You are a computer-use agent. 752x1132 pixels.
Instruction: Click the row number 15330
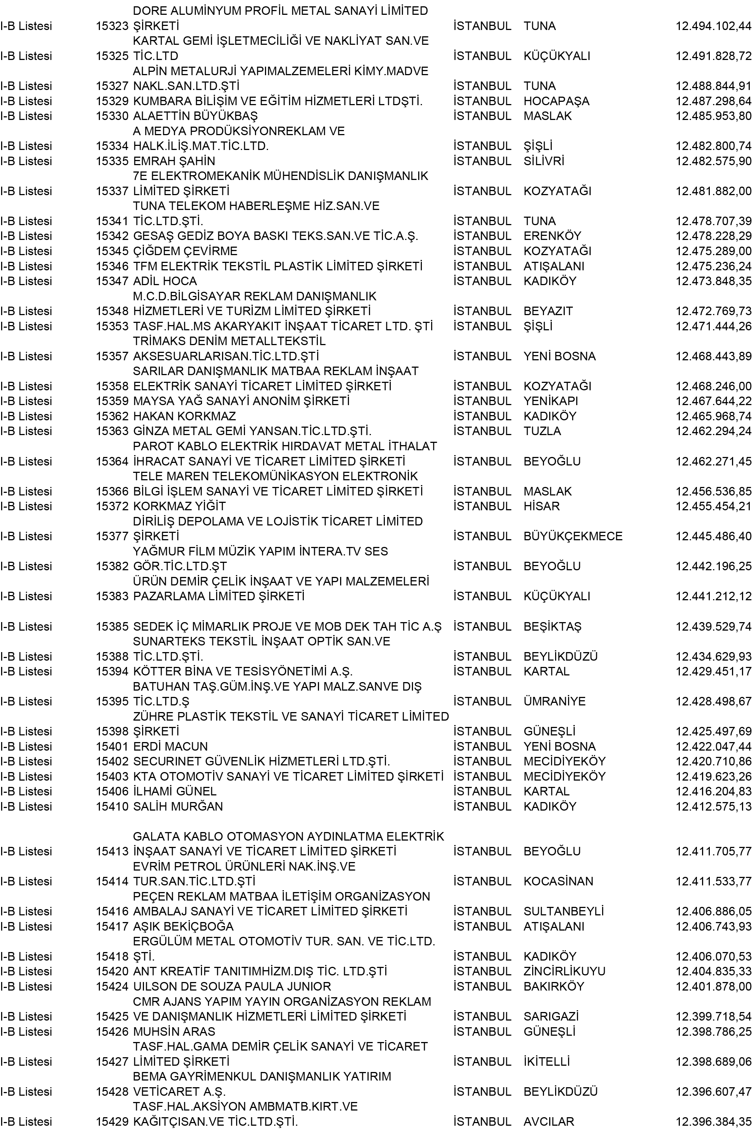[x=112, y=116]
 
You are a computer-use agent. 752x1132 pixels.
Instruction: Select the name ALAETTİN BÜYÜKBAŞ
[x=195, y=116]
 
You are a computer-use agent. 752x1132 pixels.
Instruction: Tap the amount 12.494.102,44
[x=713, y=26]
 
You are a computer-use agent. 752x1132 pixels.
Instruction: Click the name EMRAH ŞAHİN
[x=174, y=161]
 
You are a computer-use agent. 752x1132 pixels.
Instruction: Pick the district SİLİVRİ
[x=544, y=161]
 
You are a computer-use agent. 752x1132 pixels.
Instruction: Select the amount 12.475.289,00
[x=713, y=251]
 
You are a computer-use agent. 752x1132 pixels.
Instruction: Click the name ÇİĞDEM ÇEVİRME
[x=185, y=251]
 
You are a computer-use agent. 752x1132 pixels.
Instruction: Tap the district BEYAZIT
[x=548, y=311]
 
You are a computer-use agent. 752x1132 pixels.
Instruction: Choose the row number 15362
[x=112, y=417]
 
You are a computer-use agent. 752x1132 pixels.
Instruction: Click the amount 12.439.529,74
[x=713, y=627]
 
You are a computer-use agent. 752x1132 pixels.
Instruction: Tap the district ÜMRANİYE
[x=554, y=702]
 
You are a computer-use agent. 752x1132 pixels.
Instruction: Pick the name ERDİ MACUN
[x=170, y=747]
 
